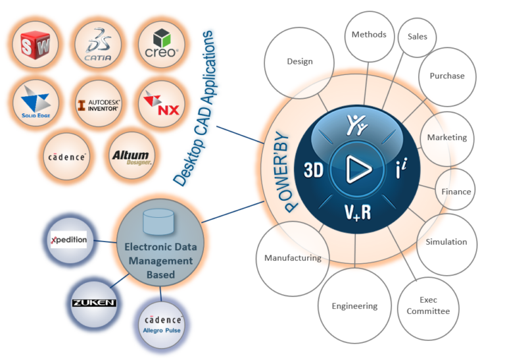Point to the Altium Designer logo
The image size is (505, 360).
(x=132, y=156)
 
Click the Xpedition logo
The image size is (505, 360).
(x=69, y=240)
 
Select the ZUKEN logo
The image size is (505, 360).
(x=93, y=303)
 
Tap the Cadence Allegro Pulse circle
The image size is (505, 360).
(x=162, y=321)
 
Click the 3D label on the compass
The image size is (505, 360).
(x=312, y=170)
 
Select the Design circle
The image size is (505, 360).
(x=299, y=62)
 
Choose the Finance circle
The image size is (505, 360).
(x=456, y=192)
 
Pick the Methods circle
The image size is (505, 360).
(x=368, y=35)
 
